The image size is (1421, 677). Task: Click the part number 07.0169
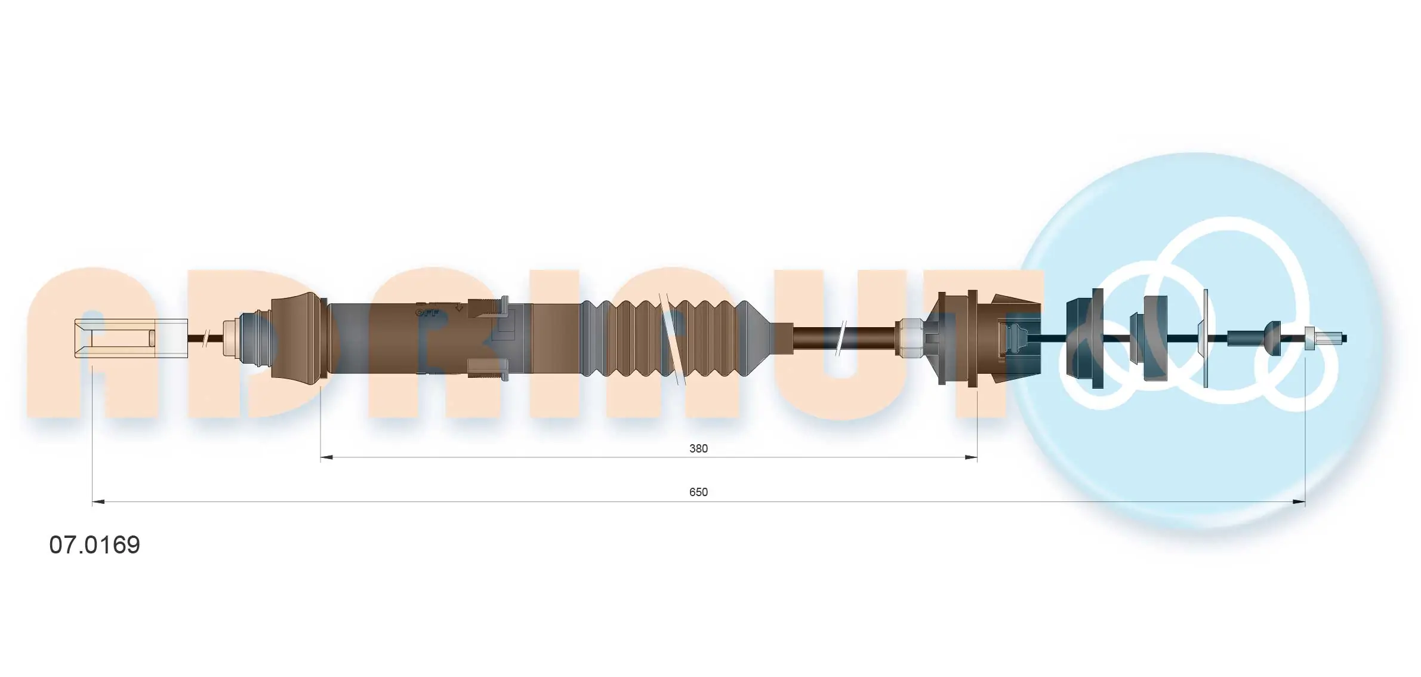(94, 544)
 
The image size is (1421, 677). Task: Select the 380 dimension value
(698, 448)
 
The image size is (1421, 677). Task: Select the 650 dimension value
(698, 492)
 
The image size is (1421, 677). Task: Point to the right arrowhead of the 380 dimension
(971, 457)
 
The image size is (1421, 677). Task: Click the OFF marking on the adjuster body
(427, 312)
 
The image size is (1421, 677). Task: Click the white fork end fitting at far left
(130, 338)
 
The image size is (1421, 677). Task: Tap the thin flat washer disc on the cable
(1205, 338)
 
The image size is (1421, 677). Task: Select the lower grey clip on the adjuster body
(488, 368)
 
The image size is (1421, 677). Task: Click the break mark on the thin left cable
(205, 338)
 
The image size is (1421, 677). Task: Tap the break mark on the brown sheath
(841, 338)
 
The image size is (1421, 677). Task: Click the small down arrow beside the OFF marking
(458, 307)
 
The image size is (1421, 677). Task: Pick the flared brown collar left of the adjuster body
(297, 337)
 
